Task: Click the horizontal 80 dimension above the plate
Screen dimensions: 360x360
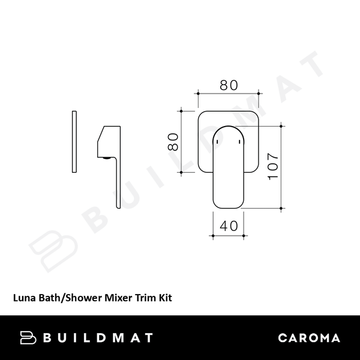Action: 229,85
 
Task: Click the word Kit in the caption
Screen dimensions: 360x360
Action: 165,296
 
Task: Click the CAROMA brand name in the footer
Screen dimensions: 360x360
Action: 309,338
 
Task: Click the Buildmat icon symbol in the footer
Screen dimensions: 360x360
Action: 28,338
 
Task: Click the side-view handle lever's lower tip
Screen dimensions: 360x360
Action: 116,206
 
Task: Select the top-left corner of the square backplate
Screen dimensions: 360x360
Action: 200,113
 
